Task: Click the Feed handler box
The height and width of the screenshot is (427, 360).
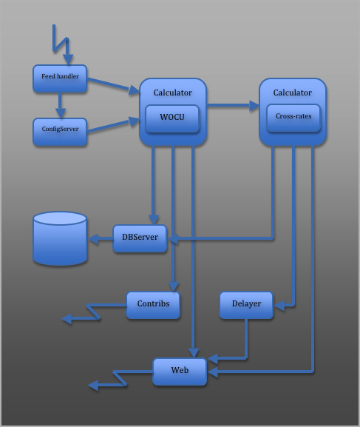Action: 60,78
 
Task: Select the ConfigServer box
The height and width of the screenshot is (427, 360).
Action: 60,132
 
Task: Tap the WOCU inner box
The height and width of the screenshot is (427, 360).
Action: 172,118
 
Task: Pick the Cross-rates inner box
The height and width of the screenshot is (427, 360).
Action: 293,118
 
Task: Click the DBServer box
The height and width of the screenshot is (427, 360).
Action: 140,238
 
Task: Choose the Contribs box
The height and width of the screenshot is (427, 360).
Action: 153,305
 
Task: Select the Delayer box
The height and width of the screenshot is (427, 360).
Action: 246,305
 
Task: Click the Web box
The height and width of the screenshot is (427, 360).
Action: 180,371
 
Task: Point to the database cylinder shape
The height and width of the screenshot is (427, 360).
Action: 60,238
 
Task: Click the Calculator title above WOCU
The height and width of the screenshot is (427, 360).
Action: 173,93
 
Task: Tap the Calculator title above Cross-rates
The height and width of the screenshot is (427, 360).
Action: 293,93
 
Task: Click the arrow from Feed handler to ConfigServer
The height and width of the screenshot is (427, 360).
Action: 60,105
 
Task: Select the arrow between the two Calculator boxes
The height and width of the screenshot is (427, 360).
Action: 233,105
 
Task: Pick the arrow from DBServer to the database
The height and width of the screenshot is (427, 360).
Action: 101,239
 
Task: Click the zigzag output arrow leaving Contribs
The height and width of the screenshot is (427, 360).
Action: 93,312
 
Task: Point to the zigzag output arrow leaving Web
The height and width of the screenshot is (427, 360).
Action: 120,378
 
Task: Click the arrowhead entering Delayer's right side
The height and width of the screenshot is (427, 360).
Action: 279,306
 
